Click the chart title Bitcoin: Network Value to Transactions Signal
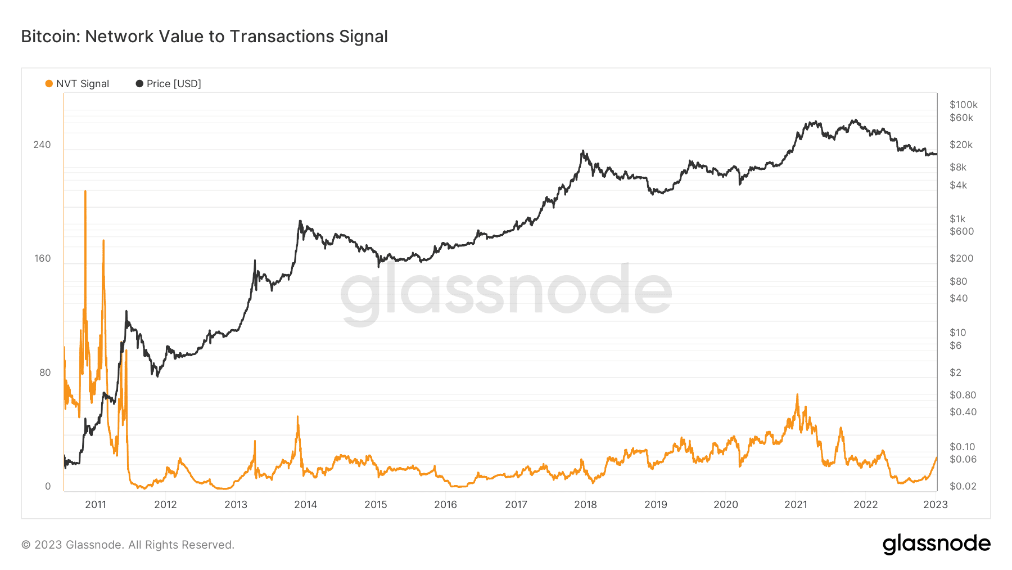[x=204, y=37]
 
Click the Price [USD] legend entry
[x=168, y=84]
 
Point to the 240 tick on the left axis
[x=42, y=145]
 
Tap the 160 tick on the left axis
[x=42, y=258]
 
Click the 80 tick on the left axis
[x=45, y=372]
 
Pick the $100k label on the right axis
[x=963, y=105]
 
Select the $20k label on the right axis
[x=961, y=145]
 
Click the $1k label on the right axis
[x=957, y=219]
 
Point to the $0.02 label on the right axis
[x=963, y=486]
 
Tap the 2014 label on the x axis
[x=305, y=504]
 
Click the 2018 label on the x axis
[x=585, y=504]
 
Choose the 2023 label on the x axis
[x=935, y=504]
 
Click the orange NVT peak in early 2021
[x=797, y=396]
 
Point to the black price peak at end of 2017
[x=583, y=151]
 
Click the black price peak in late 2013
[x=300, y=221]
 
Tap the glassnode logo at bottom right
[x=936, y=544]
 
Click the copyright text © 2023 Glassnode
[x=128, y=545]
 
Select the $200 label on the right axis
[x=961, y=258]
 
